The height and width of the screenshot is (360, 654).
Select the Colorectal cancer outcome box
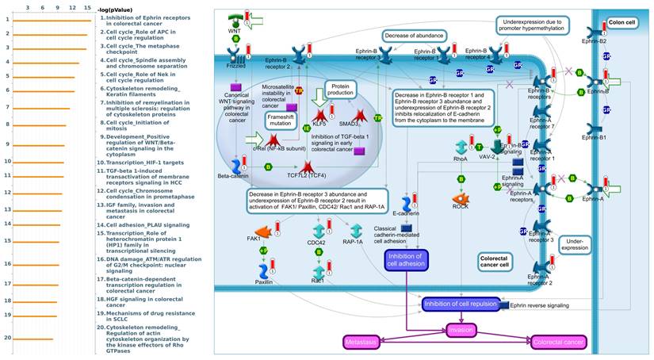pyautogui.click(x=559, y=342)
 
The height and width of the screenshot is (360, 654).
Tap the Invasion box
pyautogui.click(x=461, y=329)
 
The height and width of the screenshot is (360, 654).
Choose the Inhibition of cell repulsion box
pyautogui.click(x=460, y=303)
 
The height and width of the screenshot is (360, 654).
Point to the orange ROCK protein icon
pyautogui.click(x=461, y=200)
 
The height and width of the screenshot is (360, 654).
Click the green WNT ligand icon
pyautogui.click(x=235, y=20)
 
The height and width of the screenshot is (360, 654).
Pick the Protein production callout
pyautogui.click(x=341, y=88)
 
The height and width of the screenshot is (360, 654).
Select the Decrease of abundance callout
pyautogui.click(x=414, y=36)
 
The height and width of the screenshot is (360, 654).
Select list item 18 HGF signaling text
pyautogui.click(x=143, y=301)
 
